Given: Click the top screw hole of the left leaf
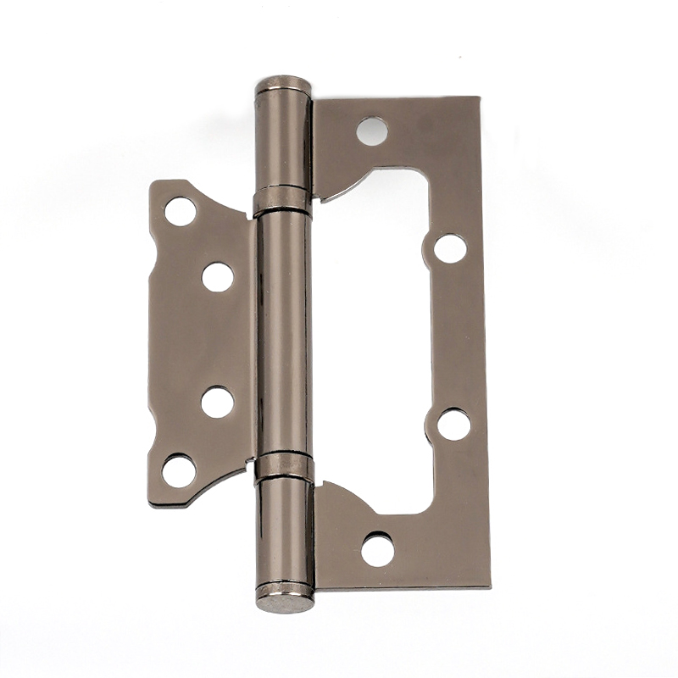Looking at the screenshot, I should [180, 210].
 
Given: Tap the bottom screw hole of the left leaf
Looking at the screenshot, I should [179, 470].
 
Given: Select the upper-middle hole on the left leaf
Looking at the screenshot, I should [217, 276].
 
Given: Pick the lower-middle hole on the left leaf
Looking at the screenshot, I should [217, 402].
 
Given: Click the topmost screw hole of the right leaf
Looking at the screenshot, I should [372, 131].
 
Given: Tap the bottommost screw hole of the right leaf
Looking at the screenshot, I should [377, 549].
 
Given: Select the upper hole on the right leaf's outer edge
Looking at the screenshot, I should [450, 247].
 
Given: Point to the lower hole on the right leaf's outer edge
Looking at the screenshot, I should [453, 424].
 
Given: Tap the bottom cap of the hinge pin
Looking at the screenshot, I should [286, 602].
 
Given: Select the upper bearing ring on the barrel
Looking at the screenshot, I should [282, 201].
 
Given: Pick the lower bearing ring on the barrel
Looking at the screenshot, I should [285, 467].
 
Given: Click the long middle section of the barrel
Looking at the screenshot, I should [283, 335].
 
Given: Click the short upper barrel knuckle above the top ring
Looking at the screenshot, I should [282, 136].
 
